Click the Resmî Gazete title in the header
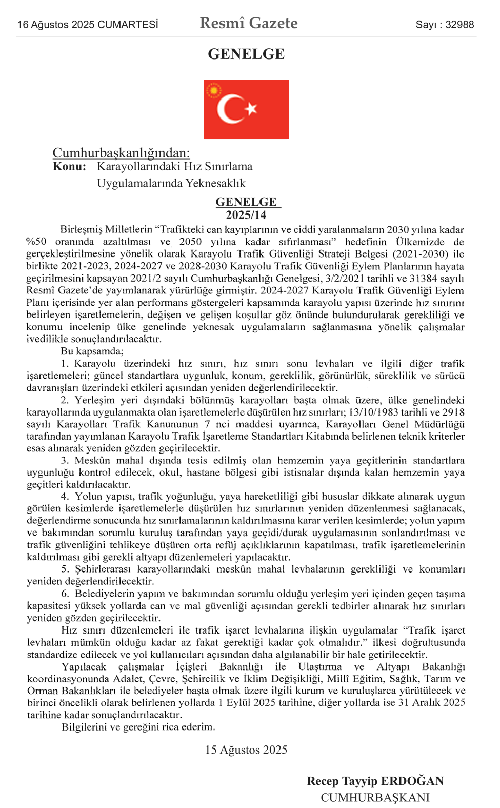click(x=249, y=23)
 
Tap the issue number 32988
click(x=459, y=25)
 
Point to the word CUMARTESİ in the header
click(x=128, y=25)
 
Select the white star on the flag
click(x=251, y=108)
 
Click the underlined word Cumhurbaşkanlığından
click(x=121, y=153)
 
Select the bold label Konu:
click(x=69, y=167)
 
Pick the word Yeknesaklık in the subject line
click(x=215, y=184)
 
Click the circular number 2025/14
click(x=246, y=215)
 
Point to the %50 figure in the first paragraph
click(x=36, y=242)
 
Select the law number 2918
click(x=453, y=412)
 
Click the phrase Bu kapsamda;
click(x=92, y=351)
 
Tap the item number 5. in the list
click(x=65, y=569)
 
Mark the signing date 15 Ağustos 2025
click(x=246, y=750)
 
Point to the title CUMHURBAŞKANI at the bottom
click(x=375, y=798)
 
